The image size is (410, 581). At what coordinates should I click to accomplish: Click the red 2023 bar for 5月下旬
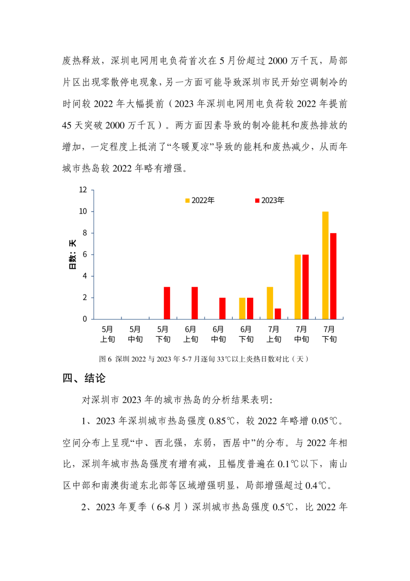167,303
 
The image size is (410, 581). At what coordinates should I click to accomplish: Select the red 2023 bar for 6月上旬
195,303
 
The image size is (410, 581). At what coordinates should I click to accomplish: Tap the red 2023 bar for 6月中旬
222,308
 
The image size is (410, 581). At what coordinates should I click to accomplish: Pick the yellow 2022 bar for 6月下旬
242,308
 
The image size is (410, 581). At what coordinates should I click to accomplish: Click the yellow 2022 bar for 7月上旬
270,303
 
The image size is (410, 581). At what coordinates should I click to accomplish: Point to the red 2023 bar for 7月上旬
278,314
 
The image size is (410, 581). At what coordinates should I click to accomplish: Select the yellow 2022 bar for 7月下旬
325,265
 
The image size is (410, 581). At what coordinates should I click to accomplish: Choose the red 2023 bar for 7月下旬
333,276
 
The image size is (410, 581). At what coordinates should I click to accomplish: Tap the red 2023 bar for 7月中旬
305,287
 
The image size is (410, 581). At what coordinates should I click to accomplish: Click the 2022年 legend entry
200,200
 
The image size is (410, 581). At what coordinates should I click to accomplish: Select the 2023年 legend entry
270,200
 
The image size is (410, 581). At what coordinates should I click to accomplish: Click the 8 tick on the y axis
85,233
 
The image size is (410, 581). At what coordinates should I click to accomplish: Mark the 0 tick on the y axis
85,319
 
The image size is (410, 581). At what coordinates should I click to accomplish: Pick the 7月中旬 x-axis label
301,334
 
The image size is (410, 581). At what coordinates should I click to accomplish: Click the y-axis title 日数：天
73,255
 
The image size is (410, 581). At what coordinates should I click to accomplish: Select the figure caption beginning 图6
205,359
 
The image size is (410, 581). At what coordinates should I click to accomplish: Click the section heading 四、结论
85,379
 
